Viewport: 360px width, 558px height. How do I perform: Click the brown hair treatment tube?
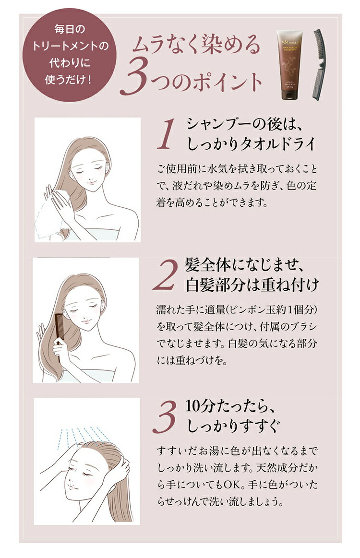point(292,65)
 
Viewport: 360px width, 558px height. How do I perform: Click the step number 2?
point(166,276)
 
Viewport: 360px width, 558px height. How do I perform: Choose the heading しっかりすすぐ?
point(227,425)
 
